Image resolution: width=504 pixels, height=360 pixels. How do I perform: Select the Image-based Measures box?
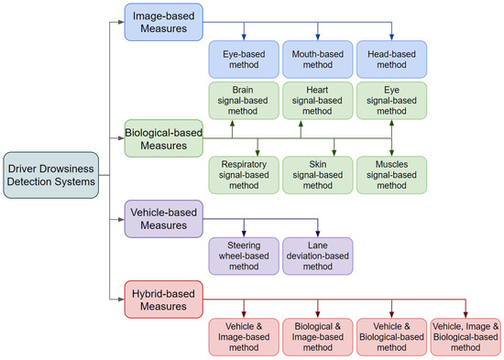[163, 22]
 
